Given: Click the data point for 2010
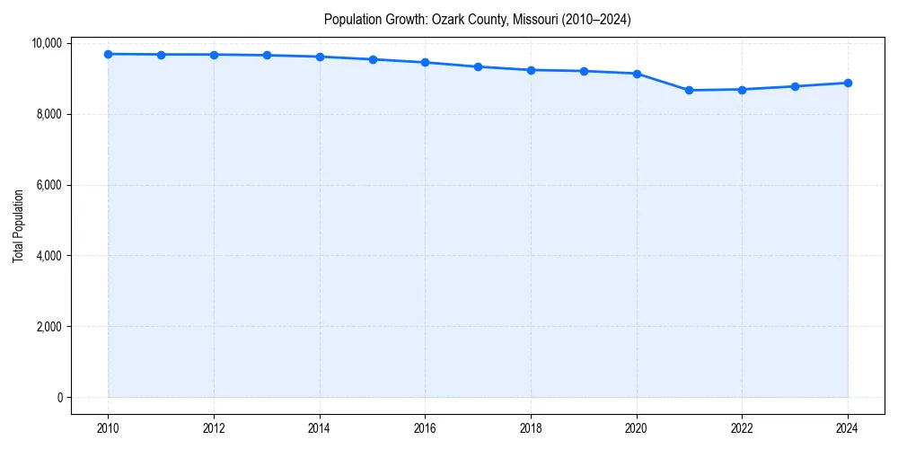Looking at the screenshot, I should click(x=108, y=54).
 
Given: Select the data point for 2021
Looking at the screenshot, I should click(x=689, y=90).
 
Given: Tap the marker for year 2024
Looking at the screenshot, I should click(x=848, y=83).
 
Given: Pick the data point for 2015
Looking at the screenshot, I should click(x=373, y=59).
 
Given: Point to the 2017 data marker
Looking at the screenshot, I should click(x=478, y=66).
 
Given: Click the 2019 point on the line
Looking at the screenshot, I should click(x=584, y=71).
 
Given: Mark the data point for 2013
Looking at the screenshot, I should click(x=267, y=56).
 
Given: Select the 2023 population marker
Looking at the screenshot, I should click(x=795, y=86).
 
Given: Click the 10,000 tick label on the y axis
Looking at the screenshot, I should click(x=47, y=43).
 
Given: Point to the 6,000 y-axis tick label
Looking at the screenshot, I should click(x=49, y=185).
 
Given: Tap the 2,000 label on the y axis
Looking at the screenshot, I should click(x=49, y=327).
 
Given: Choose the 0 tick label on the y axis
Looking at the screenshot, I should click(x=58, y=398).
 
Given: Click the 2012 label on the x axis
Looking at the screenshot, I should click(x=214, y=427).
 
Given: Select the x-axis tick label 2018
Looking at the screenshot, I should click(x=531, y=427).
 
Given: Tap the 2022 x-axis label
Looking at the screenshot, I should click(x=742, y=427).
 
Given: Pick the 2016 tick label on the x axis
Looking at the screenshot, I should click(x=425, y=427).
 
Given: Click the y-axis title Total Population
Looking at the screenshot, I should click(x=18, y=225).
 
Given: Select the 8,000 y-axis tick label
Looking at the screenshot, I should click(x=49, y=114).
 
